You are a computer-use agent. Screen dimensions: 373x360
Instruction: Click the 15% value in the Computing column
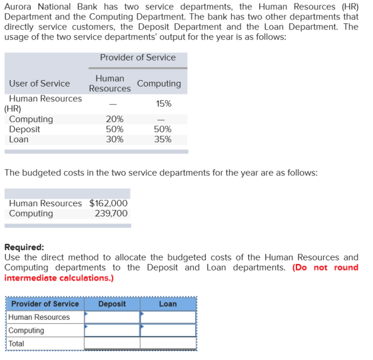(164, 104)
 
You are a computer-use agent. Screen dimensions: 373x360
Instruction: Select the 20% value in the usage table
(115, 119)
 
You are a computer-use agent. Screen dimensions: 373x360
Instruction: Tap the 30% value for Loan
(115, 139)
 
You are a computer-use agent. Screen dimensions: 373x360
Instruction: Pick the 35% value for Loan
(163, 139)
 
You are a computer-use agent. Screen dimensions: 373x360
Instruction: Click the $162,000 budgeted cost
(109, 203)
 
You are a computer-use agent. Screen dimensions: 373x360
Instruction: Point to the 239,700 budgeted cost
(111, 213)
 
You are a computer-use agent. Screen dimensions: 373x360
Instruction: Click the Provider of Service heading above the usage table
(138, 57)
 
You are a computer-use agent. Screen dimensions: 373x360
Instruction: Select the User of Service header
(39, 83)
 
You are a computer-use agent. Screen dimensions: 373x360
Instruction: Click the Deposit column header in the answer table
(112, 304)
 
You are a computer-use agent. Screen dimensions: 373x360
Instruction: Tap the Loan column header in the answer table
(168, 304)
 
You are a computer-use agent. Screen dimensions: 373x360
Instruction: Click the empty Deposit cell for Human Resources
(112, 317)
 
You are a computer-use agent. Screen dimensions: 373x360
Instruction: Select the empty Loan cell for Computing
(168, 331)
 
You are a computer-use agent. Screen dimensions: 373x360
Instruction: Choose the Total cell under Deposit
(112, 343)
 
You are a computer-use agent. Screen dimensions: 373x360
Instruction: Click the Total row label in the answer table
(16, 343)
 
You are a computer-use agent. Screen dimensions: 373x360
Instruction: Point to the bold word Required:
(24, 247)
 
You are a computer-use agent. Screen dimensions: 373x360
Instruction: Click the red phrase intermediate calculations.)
(59, 278)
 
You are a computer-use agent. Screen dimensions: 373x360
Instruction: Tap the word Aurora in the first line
(18, 7)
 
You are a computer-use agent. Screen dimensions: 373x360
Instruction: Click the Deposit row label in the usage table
(25, 129)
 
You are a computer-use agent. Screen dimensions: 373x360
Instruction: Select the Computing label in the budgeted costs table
(31, 213)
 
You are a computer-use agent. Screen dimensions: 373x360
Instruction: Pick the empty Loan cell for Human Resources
(168, 317)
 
